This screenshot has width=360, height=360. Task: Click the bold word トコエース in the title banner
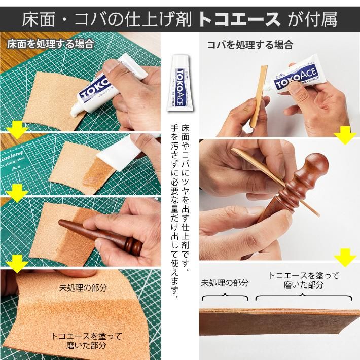coord(238,19)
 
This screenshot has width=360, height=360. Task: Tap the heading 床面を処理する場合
coord(51,44)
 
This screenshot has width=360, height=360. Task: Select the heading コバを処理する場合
coord(249,45)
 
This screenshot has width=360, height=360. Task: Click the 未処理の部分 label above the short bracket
coord(225,283)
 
